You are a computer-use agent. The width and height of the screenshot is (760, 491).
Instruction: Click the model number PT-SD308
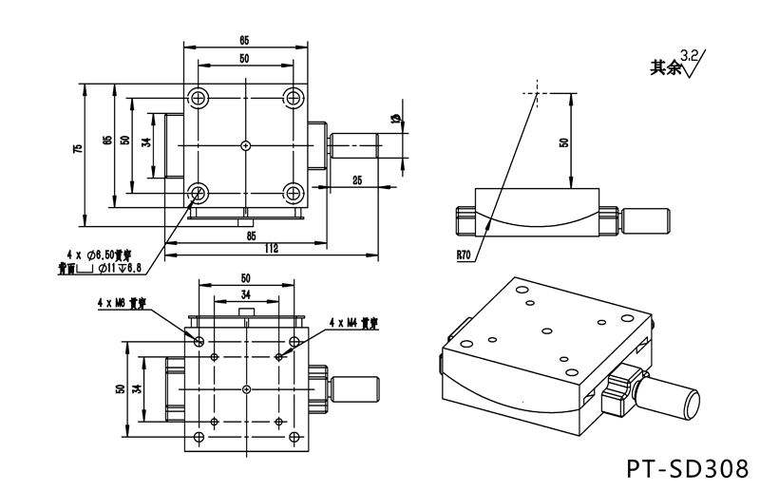688,468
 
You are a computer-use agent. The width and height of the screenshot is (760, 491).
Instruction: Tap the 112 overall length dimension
271,249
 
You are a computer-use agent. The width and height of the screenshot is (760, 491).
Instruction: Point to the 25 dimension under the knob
357,179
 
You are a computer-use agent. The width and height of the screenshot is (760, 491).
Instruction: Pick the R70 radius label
464,255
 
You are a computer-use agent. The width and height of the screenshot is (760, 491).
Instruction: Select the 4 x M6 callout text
122,304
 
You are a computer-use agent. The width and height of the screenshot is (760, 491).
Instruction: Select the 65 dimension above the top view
245,41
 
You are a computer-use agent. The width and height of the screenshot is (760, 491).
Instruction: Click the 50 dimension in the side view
563,142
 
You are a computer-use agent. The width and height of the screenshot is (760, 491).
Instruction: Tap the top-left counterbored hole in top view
199,98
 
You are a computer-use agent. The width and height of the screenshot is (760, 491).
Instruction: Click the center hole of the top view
246,145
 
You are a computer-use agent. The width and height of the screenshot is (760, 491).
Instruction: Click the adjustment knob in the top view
355,145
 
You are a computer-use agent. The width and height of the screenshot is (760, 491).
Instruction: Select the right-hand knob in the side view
647,220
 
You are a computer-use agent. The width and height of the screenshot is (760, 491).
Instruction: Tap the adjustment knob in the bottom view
355,388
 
